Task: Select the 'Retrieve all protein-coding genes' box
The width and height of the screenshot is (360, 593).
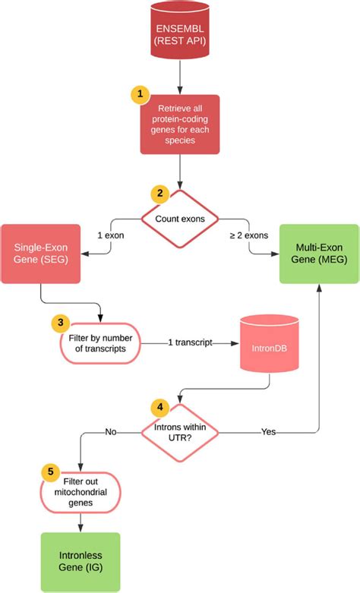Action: point(180,125)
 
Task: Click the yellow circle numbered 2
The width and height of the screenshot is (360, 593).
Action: point(160,194)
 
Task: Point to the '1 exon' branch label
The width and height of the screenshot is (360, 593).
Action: point(112,235)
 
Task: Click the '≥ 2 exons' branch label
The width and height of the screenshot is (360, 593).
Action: point(249,235)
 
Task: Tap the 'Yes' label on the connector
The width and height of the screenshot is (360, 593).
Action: point(268,431)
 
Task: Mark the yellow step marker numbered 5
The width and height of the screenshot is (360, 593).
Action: point(51,472)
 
